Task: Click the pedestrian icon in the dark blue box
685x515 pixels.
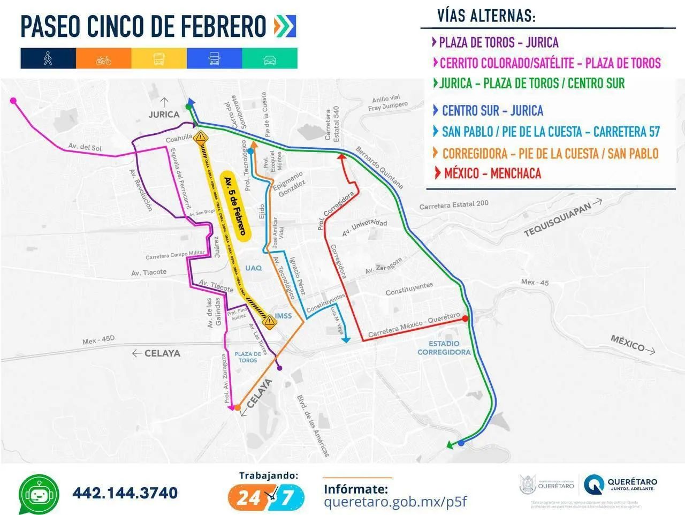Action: click(48, 58)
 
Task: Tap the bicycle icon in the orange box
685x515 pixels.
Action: click(104, 59)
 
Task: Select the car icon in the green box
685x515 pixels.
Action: click(270, 59)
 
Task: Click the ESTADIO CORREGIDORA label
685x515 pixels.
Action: click(444, 348)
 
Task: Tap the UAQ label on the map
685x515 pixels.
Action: click(253, 268)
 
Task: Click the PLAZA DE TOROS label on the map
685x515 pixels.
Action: click(248, 357)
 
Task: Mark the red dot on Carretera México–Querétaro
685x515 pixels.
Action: click(465, 319)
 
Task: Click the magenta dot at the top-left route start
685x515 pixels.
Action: click(13, 100)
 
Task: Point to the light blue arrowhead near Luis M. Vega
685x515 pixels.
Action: click(346, 339)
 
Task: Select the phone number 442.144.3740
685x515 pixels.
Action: click(125, 493)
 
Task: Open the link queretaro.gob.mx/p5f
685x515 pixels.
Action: click(395, 502)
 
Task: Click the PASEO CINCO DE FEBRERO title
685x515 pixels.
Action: click(143, 26)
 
